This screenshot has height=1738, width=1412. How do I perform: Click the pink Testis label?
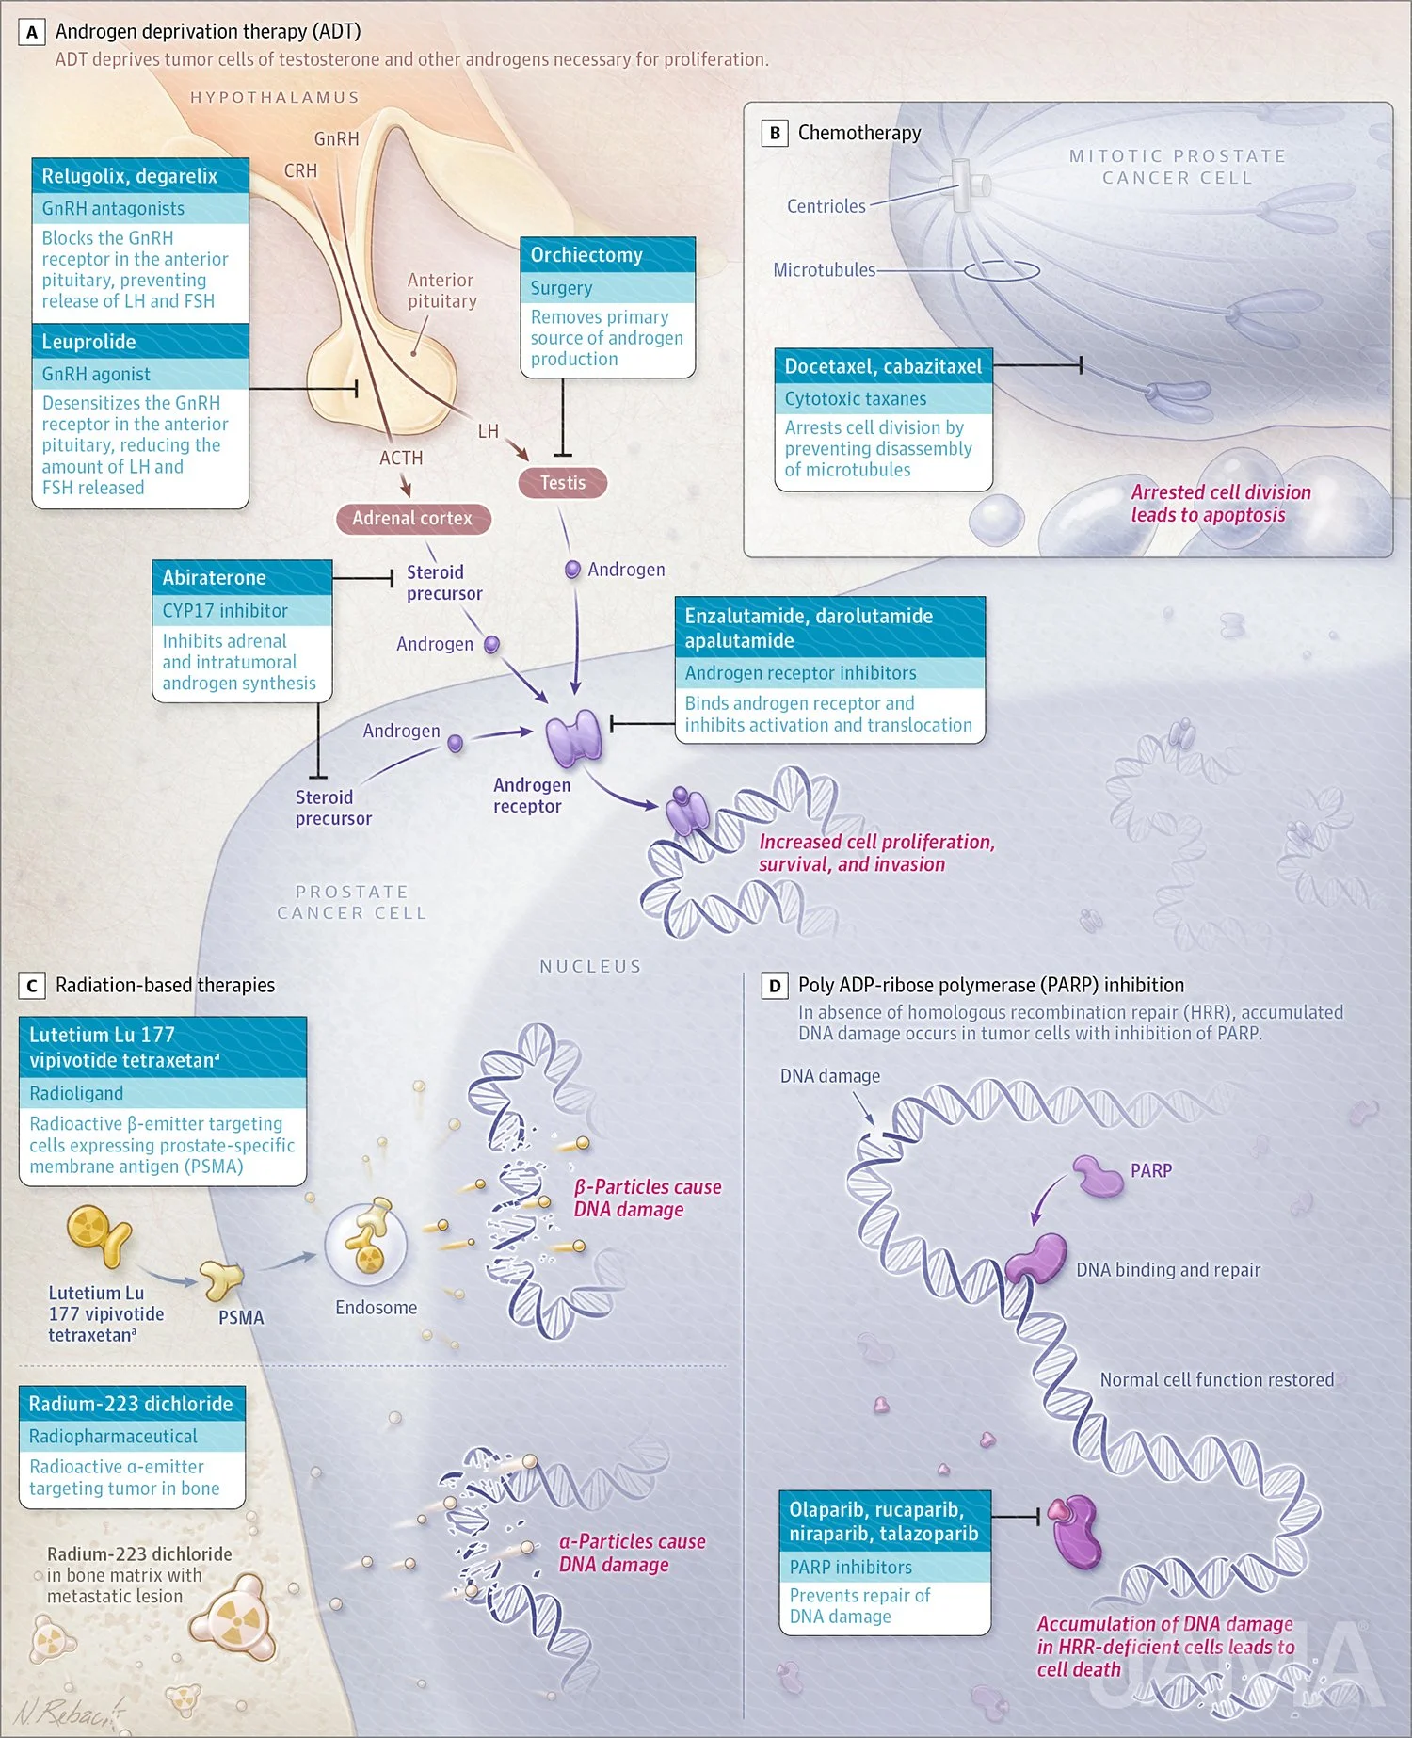pyautogui.click(x=562, y=483)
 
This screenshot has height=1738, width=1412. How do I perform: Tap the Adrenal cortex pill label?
pyautogui.click(x=412, y=519)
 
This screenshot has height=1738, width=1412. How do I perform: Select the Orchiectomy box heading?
pyautogui.click(x=586, y=255)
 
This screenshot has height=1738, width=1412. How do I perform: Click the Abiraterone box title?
pyautogui.click(x=215, y=578)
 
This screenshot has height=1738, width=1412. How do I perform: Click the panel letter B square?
pyautogui.click(x=774, y=133)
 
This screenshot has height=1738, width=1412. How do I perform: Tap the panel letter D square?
pyautogui.click(x=774, y=986)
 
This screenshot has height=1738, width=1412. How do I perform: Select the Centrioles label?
pyautogui.click(x=826, y=206)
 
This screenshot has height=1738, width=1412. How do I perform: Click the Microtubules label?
pyautogui.click(x=824, y=270)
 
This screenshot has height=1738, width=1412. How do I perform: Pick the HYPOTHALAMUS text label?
pyautogui.click(x=275, y=98)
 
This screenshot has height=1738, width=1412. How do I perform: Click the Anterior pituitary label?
pyautogui.click(x=441, y=291)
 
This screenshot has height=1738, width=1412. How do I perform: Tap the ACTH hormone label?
pyautogui.click(x=401, y=459)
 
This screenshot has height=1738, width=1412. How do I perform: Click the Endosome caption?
pyautogui.click(x=376, y=1308)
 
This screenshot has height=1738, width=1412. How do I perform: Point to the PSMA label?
pyautogui.click(x=241, y=1318)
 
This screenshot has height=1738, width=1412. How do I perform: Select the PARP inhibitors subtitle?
pyautogui.click(x=850, y=1568)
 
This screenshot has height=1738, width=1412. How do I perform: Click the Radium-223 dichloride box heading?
pyautogui.click(x=131, y=1404)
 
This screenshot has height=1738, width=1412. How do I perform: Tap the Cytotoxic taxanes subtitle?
pyautogui.click(x=855, y=399)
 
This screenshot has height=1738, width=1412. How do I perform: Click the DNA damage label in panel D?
pyautogui.click(x=829, y=1076)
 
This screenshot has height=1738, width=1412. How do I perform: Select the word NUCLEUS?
pyautogui.click(x=590, y=967)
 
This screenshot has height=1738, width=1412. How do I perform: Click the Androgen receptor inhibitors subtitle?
pyautogui.click(x=800, y=673)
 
